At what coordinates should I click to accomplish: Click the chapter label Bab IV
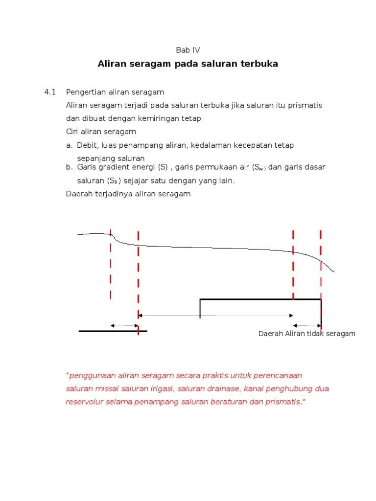tap(188, 50)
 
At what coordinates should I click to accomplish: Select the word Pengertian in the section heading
tap(84, 92)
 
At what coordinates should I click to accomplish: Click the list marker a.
tap(69, 145)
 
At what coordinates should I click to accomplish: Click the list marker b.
tap(69, 167)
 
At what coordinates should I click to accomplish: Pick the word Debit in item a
tap(87, 145)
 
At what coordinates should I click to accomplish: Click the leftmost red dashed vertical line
tap(111, 264)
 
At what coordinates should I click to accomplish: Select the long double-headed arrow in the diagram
tap(215, 316)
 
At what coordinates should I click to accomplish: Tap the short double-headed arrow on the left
tap(124, 325)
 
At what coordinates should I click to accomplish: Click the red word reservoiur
tap(84, 402)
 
